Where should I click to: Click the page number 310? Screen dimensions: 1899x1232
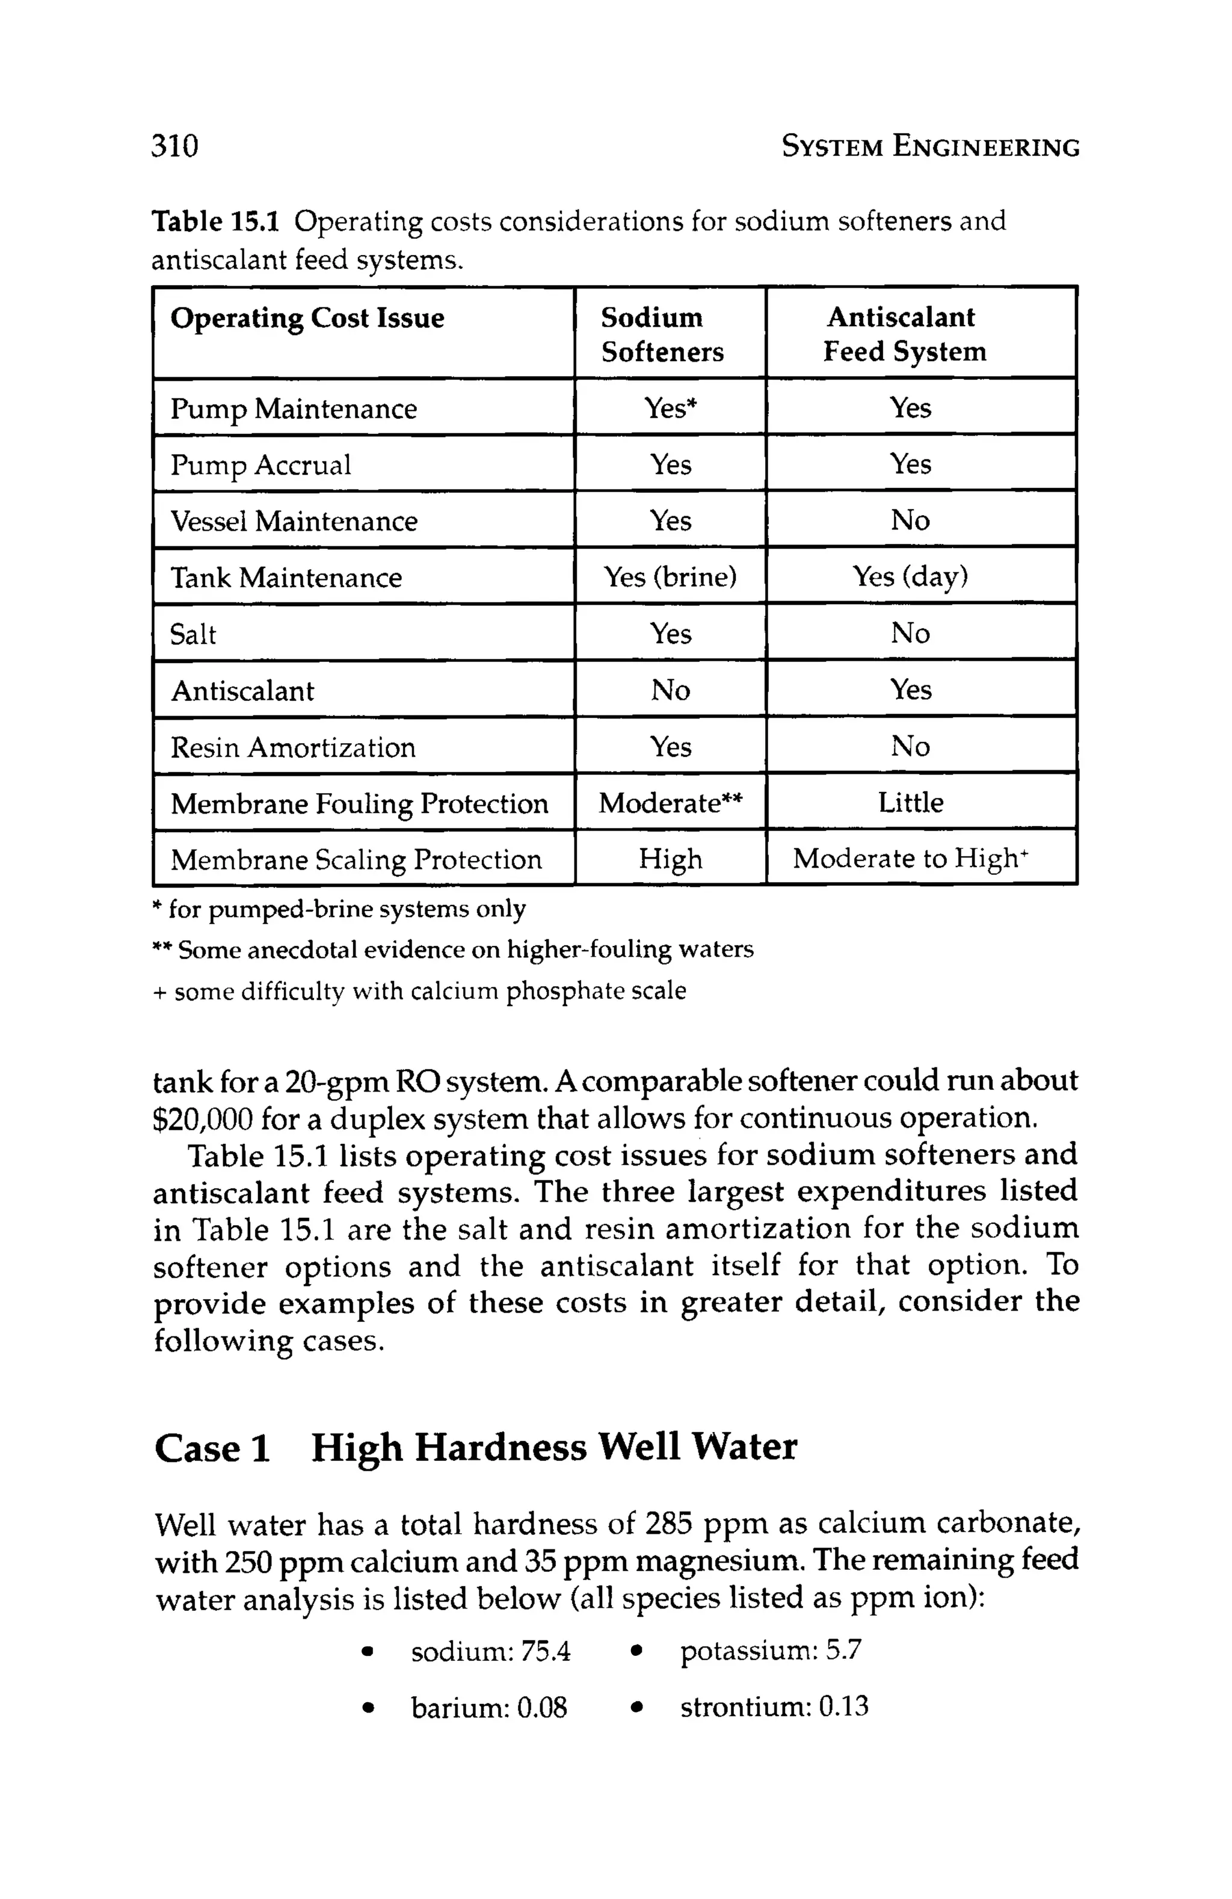pos(174,146)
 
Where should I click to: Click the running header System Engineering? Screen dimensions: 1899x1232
pos(929,147)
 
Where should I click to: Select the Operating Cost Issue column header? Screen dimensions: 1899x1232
pos(307,318)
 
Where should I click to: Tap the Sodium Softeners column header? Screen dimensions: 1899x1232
pos(662,335)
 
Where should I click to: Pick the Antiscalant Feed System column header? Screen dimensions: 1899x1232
pos(904,335)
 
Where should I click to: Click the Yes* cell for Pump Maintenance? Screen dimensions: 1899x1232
pos(670,408)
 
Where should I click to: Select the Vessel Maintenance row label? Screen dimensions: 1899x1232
pos(294,521)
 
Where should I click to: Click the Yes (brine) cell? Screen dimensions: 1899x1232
pos(670,576)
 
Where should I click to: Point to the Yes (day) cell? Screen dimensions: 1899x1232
pos(910,576)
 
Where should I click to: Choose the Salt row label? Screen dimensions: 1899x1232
pos(193,634)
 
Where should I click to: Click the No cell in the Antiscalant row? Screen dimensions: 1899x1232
pos(670,690)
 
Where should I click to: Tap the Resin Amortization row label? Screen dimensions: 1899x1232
pos(293,747)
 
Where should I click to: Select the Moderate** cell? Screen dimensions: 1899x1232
pos(670,803)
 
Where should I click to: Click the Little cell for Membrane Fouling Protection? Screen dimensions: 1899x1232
pos(910,802)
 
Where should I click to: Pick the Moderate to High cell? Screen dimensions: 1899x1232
pos(910,859)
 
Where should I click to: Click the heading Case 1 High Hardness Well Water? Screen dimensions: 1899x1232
pos(476,1447)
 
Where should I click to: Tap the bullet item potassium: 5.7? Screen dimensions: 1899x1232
pos(770,1650)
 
